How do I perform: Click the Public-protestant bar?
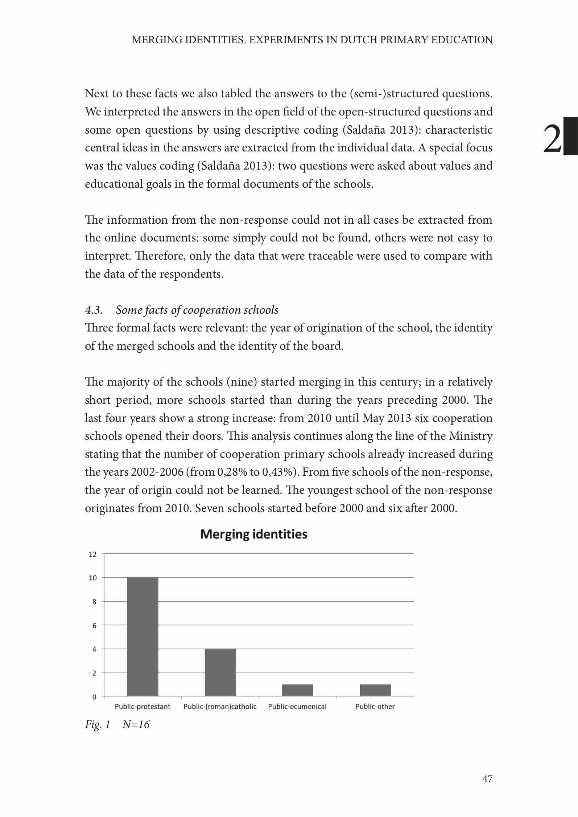(x=143, y=637)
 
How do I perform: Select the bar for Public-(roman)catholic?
(x=220, y=672)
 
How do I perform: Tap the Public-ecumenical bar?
(x=297, y=690)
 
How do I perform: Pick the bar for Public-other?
(x=375, y=690)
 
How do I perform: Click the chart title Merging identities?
(x=253, y=534)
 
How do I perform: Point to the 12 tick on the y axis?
(x=93, y=554)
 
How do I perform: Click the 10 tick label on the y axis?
(x=93, y=578)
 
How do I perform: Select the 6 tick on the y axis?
(x=94, y=625)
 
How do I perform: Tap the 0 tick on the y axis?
(x=94, y=697)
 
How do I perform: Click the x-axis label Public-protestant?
(x=143, y=707)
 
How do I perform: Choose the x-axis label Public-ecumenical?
(x=297, y=707)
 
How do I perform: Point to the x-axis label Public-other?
(x=375, y=707)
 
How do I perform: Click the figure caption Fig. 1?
(x=97, y=725)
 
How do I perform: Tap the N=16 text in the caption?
(x=136, y=725)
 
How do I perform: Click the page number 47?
(x=487, y=779)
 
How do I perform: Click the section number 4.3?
(x=94, y=310)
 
